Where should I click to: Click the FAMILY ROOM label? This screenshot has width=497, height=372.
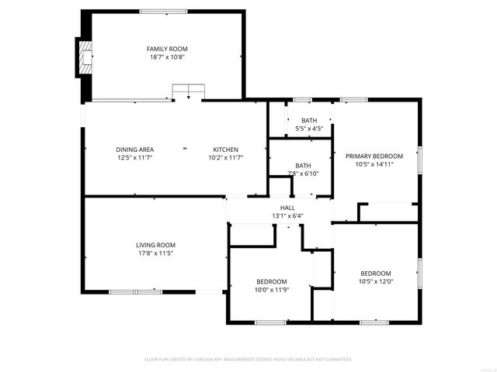[x=168, y=49]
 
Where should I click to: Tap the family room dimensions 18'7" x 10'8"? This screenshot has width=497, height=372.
[x=168, y=57]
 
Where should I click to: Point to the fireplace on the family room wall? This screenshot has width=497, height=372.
[x=83, y=57]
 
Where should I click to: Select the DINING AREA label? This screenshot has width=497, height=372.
[x=134, y=150]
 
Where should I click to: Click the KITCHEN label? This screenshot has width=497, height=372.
[x=226, y=150]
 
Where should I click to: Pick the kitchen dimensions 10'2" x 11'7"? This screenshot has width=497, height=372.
[x=226, y=158]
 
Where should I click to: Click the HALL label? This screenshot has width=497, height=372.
[x=287, y=208]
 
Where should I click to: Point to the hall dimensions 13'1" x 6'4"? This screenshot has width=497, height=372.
[x=287, y=216]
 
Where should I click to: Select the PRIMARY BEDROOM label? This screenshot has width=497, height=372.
[x=374, y=156]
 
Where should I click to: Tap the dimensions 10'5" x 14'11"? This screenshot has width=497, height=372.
[x=374, y=164]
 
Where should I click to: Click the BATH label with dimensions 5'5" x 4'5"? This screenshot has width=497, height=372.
[x=309, y=120]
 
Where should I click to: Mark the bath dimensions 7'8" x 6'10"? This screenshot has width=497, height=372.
[x=303, y=174]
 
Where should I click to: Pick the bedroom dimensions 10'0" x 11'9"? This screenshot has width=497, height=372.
[x=272, y=290]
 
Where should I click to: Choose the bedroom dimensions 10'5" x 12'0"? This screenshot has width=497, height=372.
[x=375, y=282]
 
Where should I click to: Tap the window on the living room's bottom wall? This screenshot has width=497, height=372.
[x=124, y=292]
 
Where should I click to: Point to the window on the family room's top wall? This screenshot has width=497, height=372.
[x=163, y=11]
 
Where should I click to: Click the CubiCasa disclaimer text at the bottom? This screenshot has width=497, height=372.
[x=248, y=360]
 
